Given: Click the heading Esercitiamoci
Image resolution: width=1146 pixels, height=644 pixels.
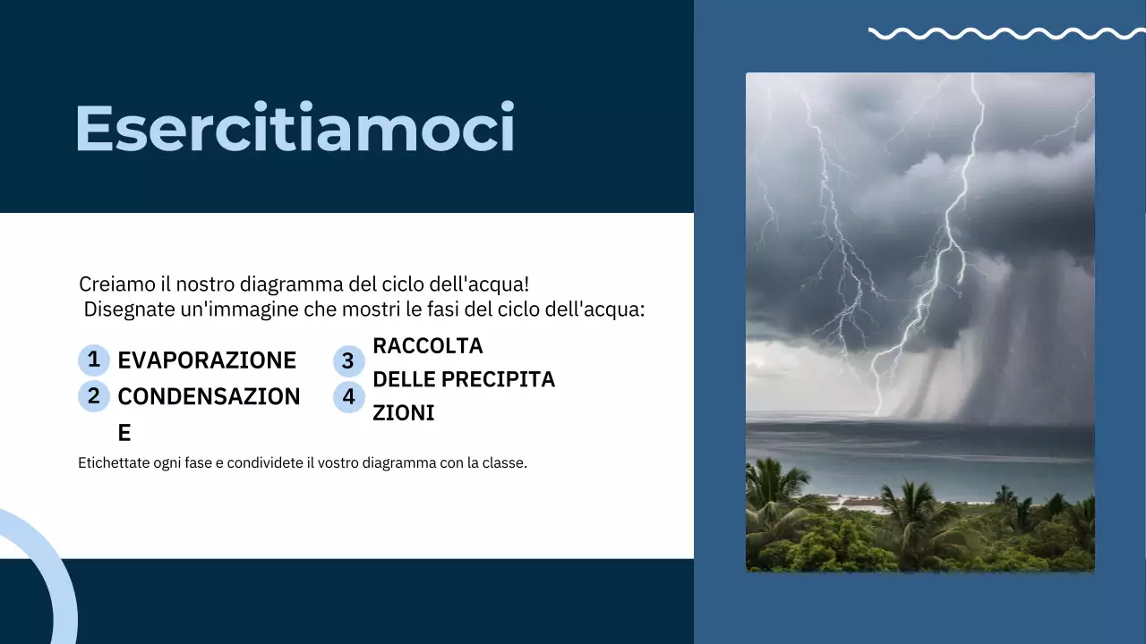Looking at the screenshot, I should pos(295,128).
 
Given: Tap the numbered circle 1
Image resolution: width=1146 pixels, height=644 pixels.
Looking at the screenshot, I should pos(93,360).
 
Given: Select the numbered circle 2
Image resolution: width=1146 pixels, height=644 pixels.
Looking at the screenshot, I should pos(93,395).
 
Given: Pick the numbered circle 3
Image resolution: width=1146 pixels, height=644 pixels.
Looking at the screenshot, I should pos(348,361).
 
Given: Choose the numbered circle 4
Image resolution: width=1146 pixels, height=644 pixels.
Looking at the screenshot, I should pos(348,396).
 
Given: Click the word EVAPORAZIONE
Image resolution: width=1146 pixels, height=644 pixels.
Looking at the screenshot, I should pos(207,360).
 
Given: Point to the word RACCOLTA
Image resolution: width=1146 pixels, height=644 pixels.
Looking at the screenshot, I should pos(427,345).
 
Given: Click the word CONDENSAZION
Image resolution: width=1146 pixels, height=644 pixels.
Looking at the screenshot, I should pos(209,396).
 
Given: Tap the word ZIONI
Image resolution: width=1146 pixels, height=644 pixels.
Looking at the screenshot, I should pos(403,412).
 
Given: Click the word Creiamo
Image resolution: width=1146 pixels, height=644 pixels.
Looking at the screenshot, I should pos(111,284).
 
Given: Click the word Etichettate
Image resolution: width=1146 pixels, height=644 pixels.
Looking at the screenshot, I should pos(113,463).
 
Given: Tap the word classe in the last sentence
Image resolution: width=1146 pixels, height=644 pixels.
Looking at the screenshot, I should pos(503,463).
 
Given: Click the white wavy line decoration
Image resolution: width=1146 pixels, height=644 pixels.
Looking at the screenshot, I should pos(1005,34).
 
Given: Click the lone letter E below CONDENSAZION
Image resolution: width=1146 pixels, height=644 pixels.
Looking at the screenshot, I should pos(124,433).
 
